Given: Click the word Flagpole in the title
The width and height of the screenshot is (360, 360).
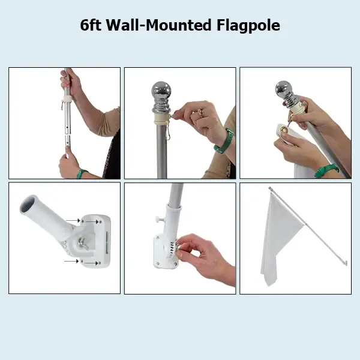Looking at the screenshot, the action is (x=248, y=25).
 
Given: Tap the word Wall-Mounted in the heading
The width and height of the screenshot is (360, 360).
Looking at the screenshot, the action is (x=158, y=25).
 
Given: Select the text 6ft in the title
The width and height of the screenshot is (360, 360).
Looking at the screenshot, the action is (x=91, y=25).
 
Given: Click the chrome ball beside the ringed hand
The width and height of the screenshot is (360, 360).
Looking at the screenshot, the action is (x=161, y=90).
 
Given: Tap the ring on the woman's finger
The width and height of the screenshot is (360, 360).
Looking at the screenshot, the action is (x=200, y=113).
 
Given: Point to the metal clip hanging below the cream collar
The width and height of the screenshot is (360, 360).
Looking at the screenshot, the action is (x=167, y=133).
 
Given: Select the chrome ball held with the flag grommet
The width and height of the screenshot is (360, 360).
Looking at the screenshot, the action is (x=284, y=89).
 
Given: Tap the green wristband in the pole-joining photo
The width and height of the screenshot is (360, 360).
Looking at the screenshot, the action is (x=81, y=173).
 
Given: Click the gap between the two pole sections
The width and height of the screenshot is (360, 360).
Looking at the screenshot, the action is (x=67, y=135).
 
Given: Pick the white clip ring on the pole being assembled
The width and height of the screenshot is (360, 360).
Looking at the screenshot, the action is (x=67, y=100).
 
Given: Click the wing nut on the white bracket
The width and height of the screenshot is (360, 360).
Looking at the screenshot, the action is (x=83, y=243).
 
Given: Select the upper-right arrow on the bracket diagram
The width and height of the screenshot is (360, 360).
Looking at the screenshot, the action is (x=92, y=222).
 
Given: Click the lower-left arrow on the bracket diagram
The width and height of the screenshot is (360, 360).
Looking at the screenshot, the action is (x=71, y=261).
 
